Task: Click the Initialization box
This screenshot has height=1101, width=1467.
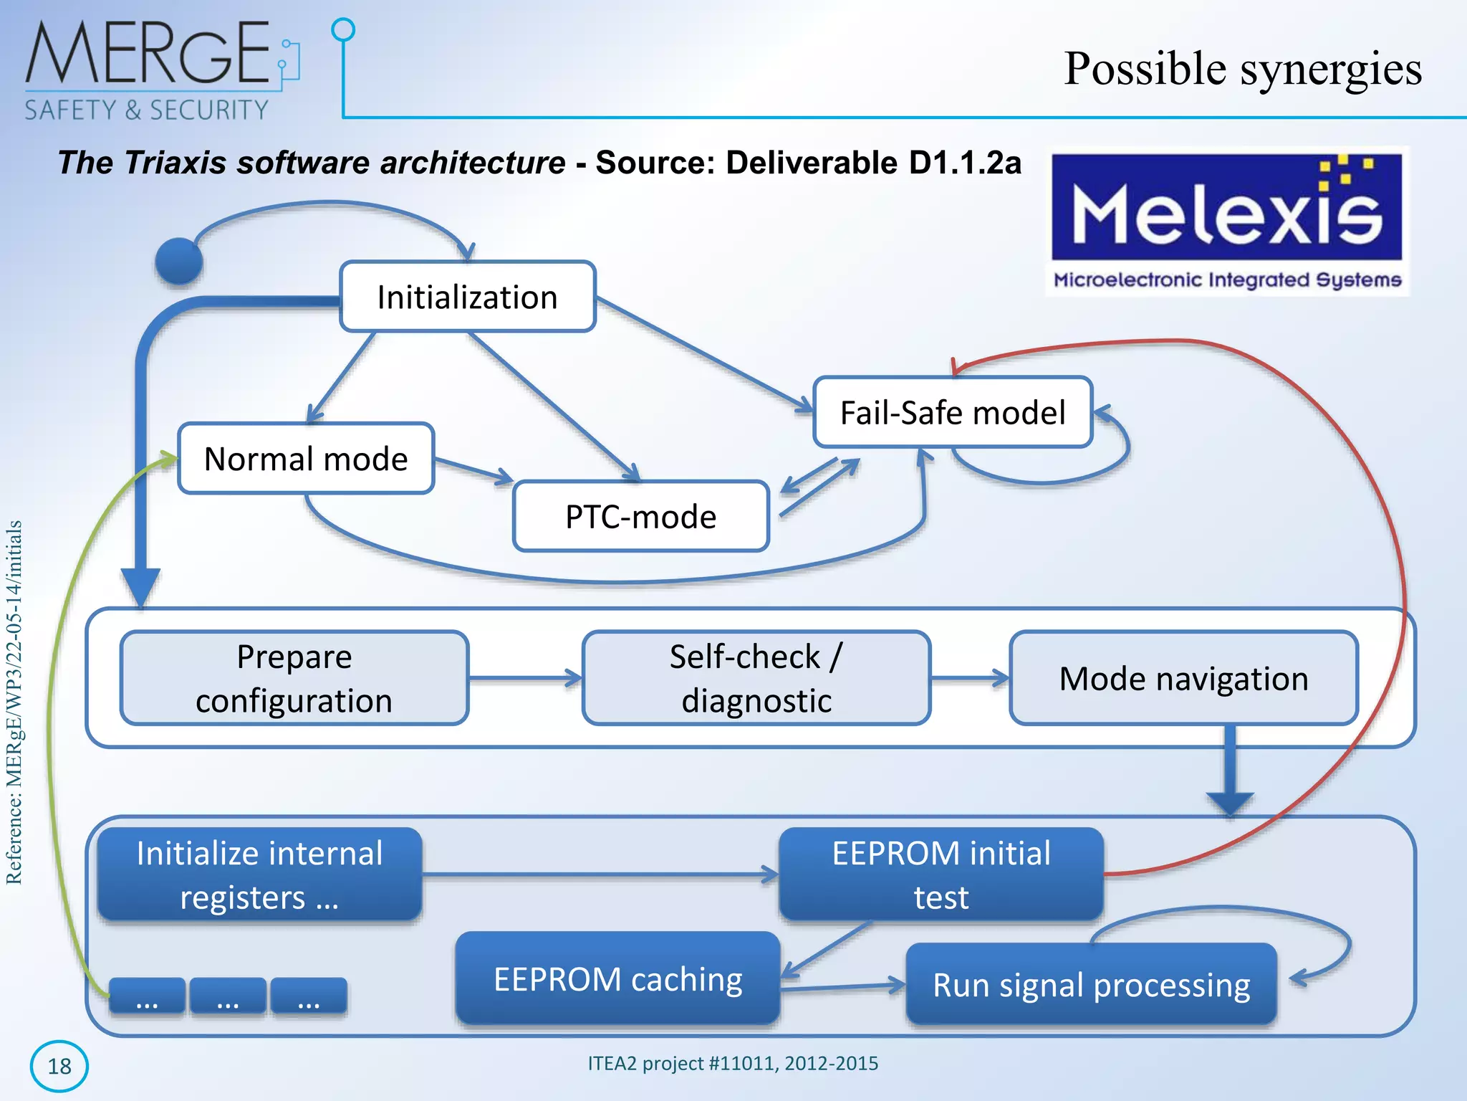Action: point(467,297)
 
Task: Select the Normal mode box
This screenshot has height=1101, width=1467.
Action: point(306,459)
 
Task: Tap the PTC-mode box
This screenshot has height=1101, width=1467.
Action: point(640,517)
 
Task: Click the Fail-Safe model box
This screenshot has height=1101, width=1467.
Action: point(952,413)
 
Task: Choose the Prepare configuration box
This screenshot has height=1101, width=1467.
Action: point(294,678)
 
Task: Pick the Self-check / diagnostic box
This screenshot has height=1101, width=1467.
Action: point(756,678)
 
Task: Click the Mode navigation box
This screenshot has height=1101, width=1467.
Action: point(1183,678)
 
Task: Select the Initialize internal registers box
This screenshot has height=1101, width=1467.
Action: point(259,874)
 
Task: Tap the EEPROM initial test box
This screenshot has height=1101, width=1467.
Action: point(941,874)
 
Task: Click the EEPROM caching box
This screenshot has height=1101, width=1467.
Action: point(617,979)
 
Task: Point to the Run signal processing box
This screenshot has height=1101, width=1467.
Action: point(1091,985)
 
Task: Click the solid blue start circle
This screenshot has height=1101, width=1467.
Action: point(178,262)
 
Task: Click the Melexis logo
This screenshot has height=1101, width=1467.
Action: point(1226,221)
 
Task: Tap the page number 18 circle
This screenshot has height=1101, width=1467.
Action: point(59,1066)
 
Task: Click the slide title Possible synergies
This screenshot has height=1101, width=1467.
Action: point(1242,69)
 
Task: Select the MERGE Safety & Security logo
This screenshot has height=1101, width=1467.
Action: point(154,70)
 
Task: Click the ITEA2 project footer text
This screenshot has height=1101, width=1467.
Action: point(733,1063)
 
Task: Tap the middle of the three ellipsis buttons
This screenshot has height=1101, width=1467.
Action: point(228,997)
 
